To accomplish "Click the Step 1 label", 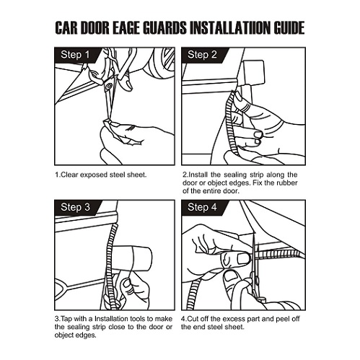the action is (x=75, y=55).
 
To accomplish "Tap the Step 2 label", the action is (x=202, y=55).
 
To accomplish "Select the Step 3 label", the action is (x=75, y=207).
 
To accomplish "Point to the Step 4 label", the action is (x=202, y=207).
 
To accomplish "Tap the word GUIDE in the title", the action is (x=289, y=28).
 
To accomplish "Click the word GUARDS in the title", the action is (x=164, y=28).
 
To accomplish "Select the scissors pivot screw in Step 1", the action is (x=110, y=86).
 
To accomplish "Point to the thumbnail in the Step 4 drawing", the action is (x=243, y=259).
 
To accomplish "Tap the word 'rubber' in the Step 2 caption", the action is (x=287, y=183).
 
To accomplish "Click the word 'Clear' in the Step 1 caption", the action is (x=69, y=175).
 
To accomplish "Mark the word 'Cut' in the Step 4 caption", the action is (x=193, y=319).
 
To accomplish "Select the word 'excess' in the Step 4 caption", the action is (x=233, y=319).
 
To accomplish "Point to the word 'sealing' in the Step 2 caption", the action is (x=235, y=175).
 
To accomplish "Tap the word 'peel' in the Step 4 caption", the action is (x=282, y=320).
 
